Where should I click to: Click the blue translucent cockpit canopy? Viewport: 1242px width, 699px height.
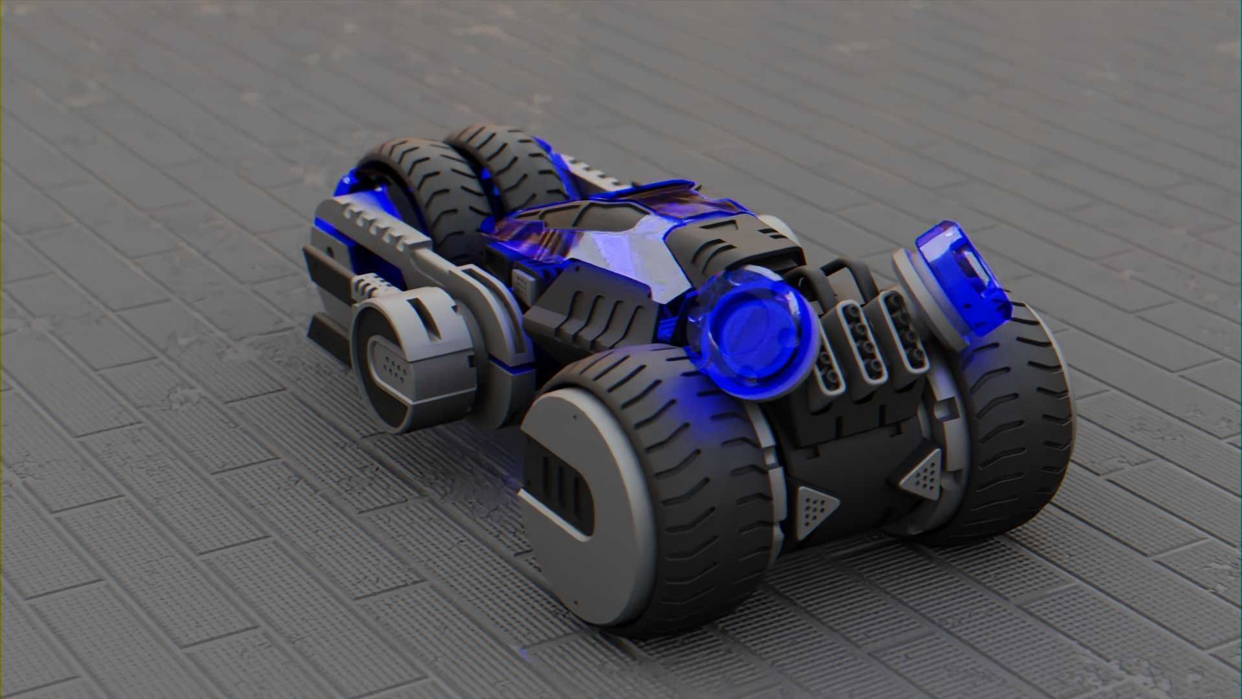(582, 239)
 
